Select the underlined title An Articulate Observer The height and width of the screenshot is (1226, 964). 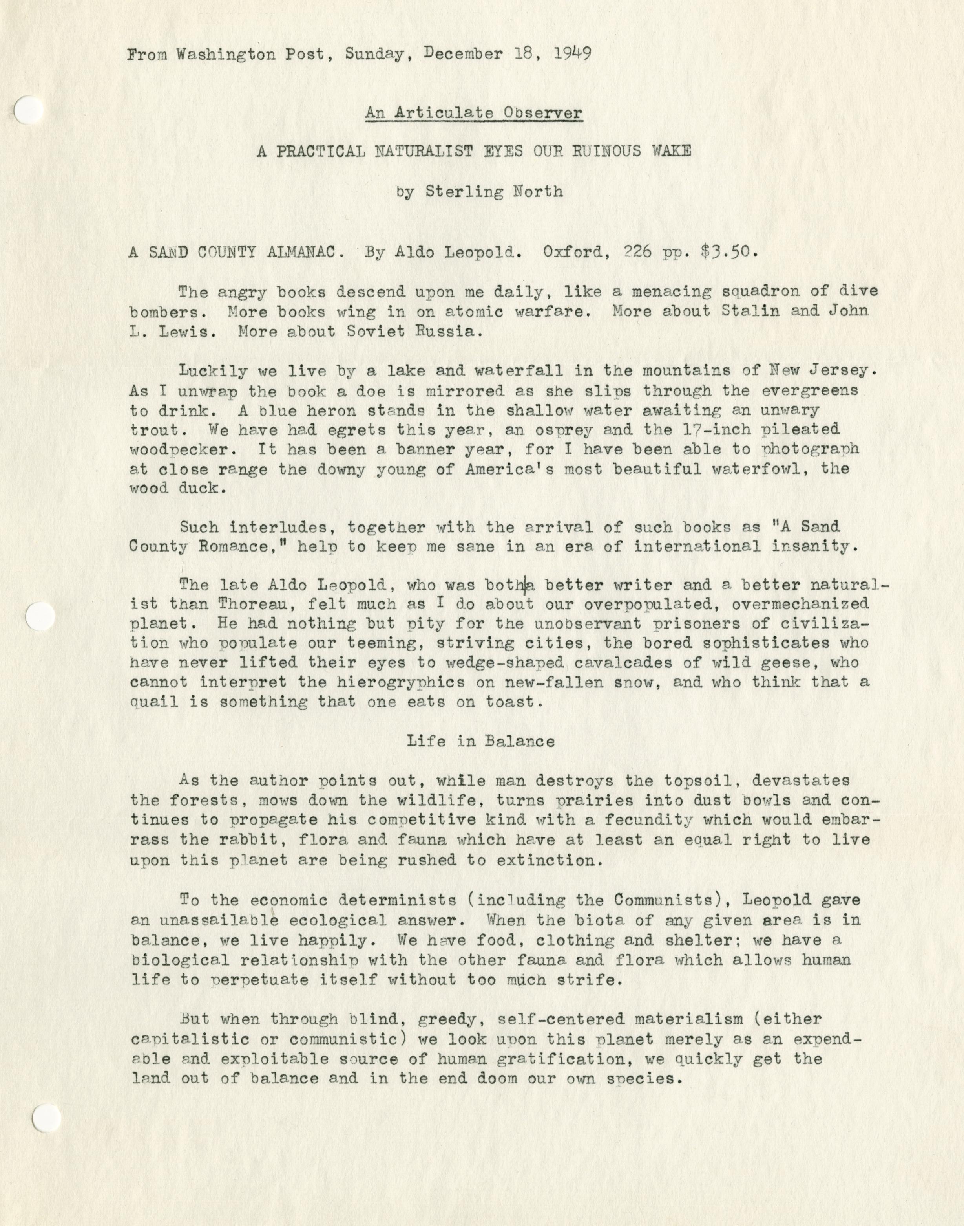(x=473, y=113)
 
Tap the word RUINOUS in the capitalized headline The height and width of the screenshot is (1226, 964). (x=599, y=152)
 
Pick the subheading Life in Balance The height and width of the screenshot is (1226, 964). (x=480, y=741)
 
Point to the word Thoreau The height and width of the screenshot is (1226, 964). (x=257, y=604)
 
